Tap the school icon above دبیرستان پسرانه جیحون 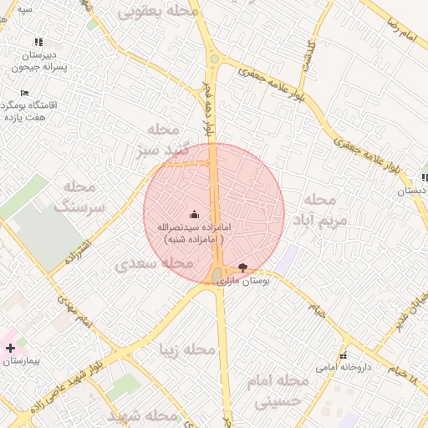pyautogui.click(x=38, y=42)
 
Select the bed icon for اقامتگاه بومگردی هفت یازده pyautogui.click(x=24, y=94)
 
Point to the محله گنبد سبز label pyautogui.click(x=158, y=140)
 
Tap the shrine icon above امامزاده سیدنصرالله pyautogui.click(x=195, y=215)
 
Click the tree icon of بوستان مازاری pyautogui.click(x=242, y=267)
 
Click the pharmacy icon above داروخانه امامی pyautogui.click(x=342, y=355)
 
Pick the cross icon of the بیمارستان pyautogui.click(x=10, y=347)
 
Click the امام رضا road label pyautogui.click(x=402, y=25)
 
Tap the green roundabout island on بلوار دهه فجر pyautogui.click(x=214, y=59)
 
